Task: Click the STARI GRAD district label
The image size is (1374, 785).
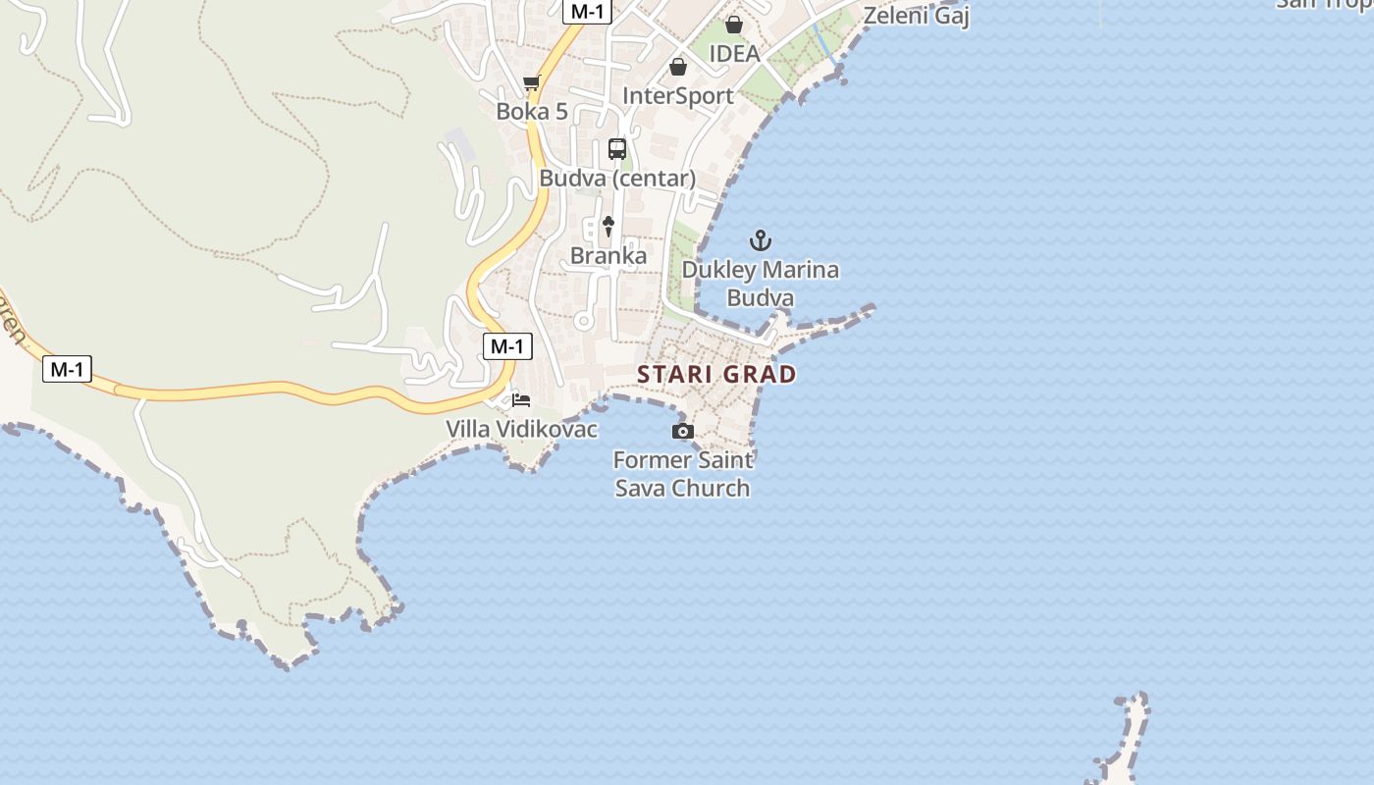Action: (716, 374)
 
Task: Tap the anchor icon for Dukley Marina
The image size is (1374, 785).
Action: (761, 239)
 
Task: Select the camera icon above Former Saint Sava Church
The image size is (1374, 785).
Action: (683, 431)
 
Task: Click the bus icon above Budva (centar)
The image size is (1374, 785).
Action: (617, 149)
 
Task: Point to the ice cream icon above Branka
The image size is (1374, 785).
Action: (608, 227)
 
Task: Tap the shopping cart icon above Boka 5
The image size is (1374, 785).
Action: (532, 82)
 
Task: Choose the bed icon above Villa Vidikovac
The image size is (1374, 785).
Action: (521, 399)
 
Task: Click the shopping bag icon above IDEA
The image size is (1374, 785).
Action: (734, 25)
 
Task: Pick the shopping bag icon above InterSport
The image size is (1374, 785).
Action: (678, 67)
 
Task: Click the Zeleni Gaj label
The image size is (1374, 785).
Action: (917, 16)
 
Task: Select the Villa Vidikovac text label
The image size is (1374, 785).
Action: (521, 429)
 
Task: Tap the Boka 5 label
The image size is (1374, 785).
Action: (532, 111)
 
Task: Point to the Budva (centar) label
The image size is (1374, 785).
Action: (617, 179)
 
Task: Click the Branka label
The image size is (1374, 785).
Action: (608, 256)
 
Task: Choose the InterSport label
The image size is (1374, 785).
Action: (678, 95)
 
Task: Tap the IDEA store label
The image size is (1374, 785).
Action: (734, 53)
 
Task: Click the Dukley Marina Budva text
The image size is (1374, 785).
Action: (761, 283)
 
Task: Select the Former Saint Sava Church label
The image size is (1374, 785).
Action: (683, 473)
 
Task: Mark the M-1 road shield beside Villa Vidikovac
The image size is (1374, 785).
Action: (507, 345)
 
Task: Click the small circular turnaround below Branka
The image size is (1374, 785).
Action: (584, 320)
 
